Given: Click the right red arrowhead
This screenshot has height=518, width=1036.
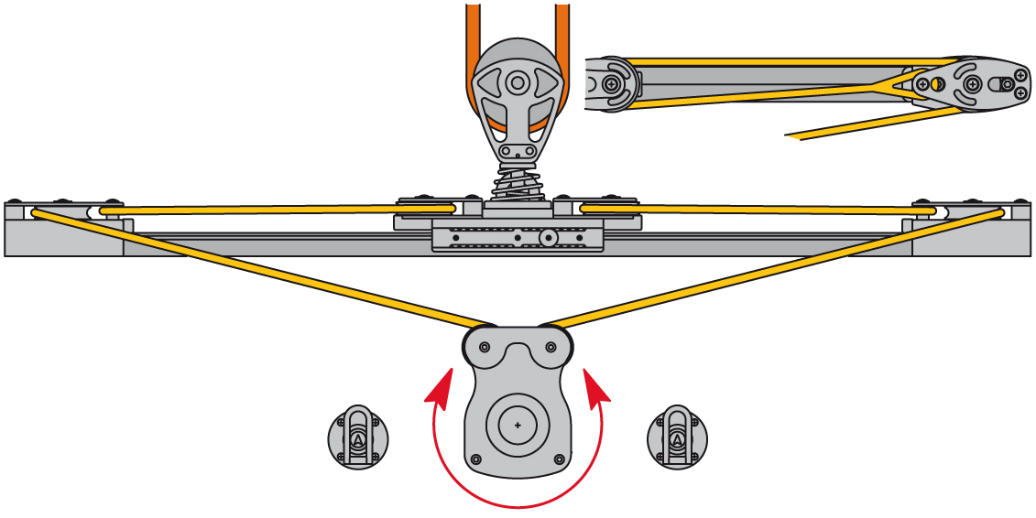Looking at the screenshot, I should pos(595,383).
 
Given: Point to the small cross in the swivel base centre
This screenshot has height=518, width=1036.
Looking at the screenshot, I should pos(518,426).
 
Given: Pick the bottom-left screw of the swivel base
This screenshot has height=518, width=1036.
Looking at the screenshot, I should pos(474,459).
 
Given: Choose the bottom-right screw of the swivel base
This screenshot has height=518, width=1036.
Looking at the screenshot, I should pos(561,459).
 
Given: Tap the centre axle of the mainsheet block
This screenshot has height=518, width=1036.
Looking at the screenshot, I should pos(518,83).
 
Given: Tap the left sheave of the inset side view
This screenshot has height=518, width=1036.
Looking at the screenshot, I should pos(612,84).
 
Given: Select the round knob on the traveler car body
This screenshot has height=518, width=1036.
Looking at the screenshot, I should pos(549,238).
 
